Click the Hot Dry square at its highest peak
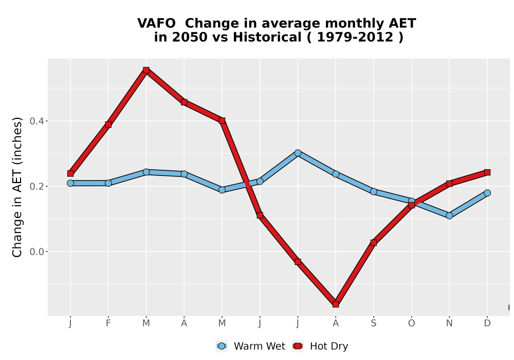tap(146, 70)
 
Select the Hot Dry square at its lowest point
tap(336, 304)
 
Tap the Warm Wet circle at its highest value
tap(298, 153)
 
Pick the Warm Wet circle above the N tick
tap(449, 215)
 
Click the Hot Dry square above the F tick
tap(108, 124)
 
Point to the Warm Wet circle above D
tap(487, 193)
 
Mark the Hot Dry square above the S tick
tap(373, 243)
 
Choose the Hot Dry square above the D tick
tap(487, 172)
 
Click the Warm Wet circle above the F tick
tap(108, 183)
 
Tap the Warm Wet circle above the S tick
tap(373, 191)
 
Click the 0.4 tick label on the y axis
tap(36, 121)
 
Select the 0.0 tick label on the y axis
tap(36, 252)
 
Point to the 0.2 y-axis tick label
tap(36, 186)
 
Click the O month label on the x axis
tap(411, 323)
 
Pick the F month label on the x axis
tap(108, 323)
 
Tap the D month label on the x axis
tap(487, 323)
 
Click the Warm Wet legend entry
tap(251, 346)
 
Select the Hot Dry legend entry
tap(320, 346)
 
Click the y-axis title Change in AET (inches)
tap(17, 187)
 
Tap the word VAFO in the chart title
tap(156, 24)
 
